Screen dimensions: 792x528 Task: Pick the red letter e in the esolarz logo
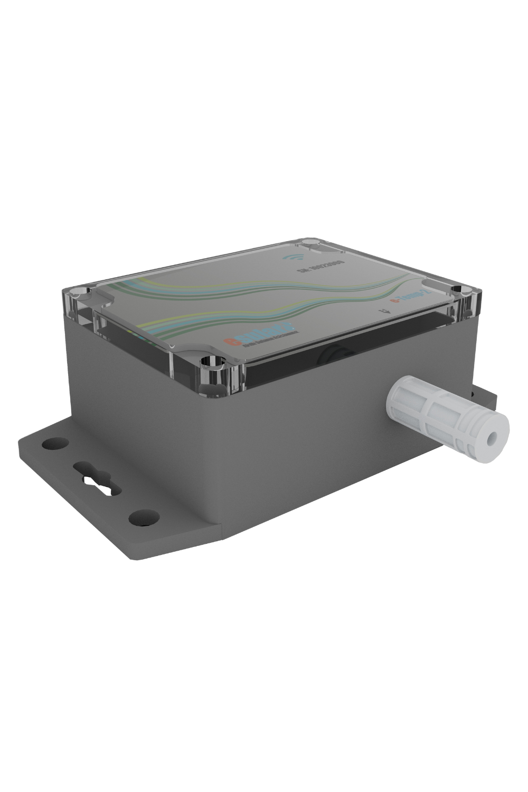230,344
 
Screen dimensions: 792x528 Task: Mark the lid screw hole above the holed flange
78,291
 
